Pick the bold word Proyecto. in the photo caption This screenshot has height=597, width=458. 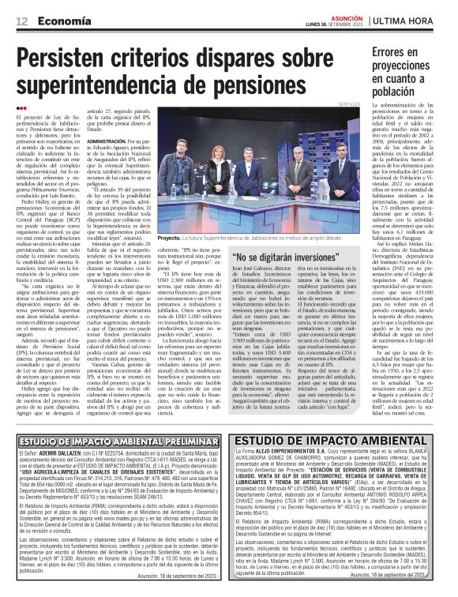coord(170,237)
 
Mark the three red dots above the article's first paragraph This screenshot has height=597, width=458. coord(21,108)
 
